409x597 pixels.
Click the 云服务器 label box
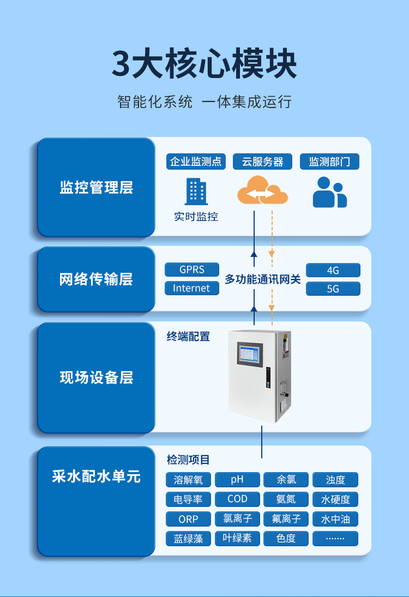[263, 162]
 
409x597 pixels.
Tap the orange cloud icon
[262, 190]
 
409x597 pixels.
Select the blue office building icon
[196, 192]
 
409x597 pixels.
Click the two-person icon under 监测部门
[329, 193]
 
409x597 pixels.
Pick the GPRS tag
[192, 270]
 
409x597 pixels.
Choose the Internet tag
[192, 288]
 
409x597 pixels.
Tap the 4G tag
[333, 270]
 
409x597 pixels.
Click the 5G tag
[333, 289]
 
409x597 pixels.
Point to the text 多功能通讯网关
[262, 279]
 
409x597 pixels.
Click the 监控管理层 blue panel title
[96, 188]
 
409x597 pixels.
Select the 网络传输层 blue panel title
[96, 279]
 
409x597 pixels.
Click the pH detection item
[237, 480]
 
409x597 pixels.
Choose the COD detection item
[237, 499]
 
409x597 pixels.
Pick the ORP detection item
[188, 519]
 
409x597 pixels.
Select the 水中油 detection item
[335, 519]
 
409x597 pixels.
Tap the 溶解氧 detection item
[188, 480]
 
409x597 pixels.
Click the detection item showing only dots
[335, 539]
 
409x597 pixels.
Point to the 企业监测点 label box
[196, 162]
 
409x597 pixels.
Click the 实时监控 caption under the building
[196, 217]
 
